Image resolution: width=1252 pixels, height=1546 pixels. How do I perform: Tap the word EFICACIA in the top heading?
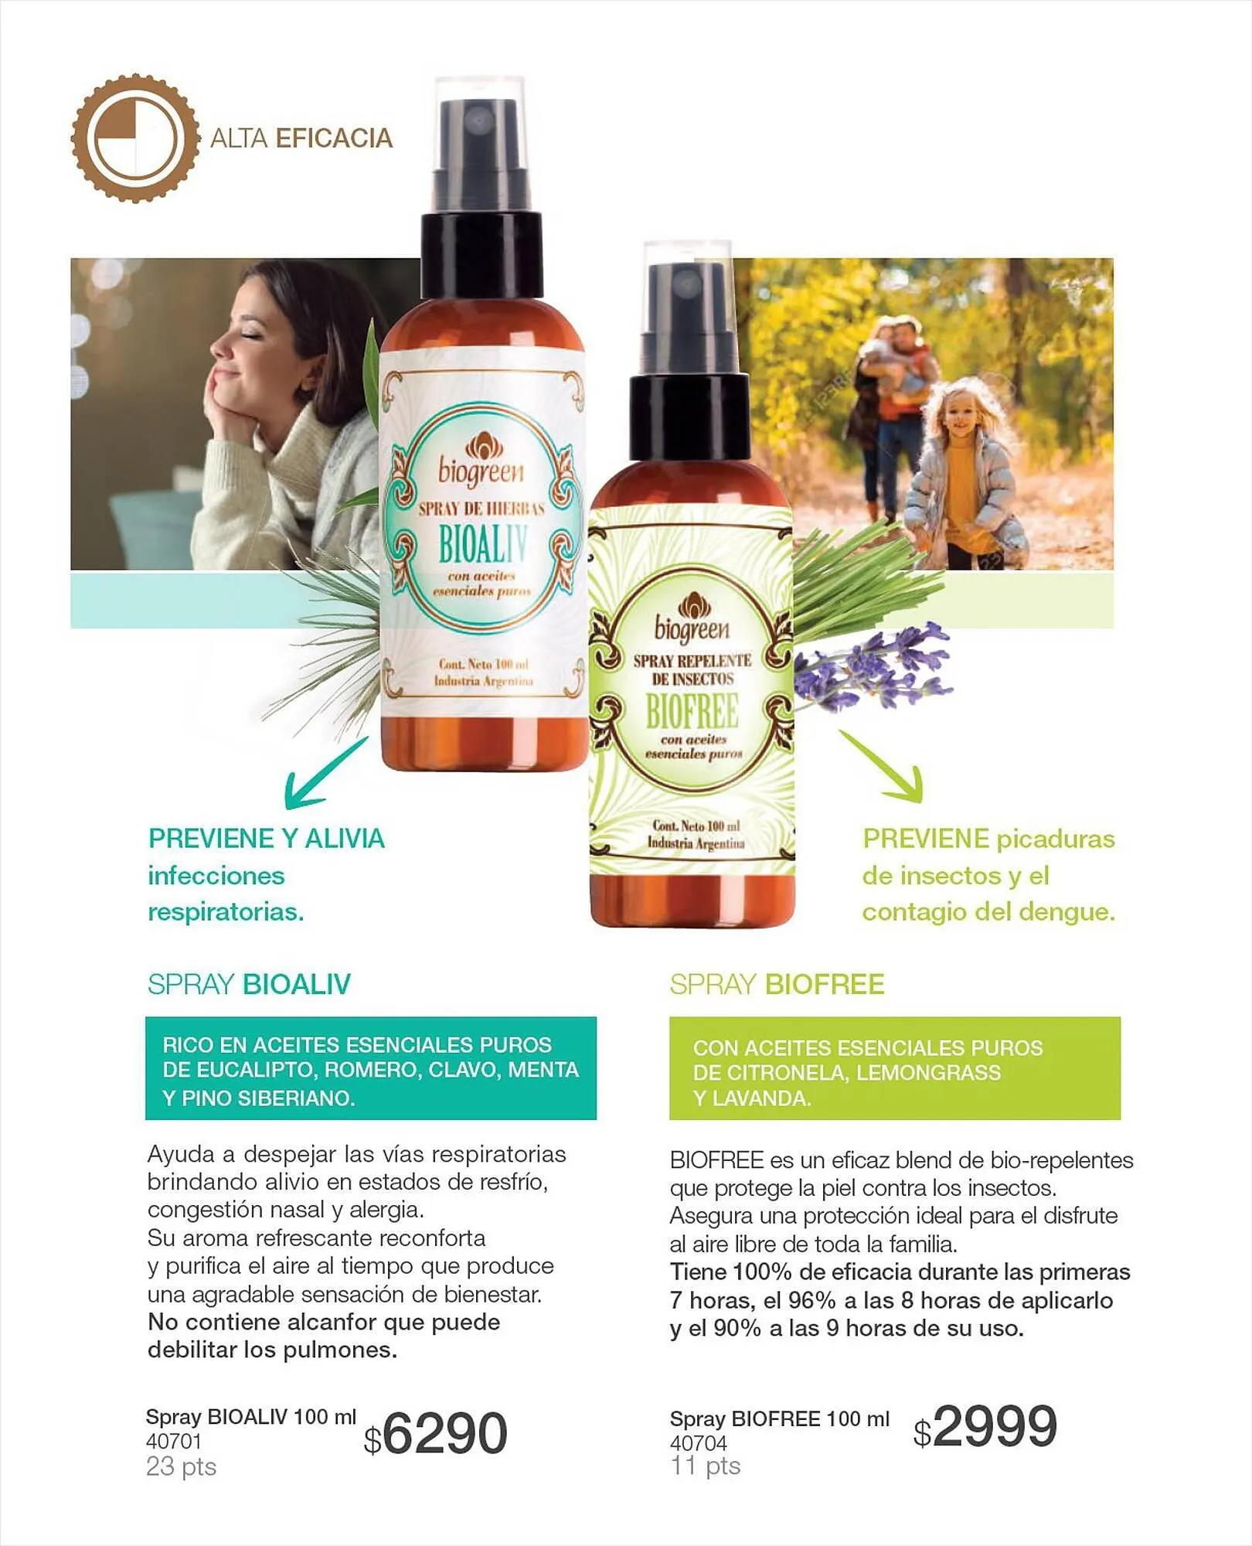pyautogui.click(x=334, y=138)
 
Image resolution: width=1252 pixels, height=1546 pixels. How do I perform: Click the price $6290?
pyautogui.click(x=435, y=1434)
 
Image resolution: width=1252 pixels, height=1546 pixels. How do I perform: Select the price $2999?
pyautogui.click(x=985, y=1426)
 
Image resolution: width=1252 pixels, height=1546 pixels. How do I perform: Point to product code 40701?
pyautogui.click(x=174, y=1442)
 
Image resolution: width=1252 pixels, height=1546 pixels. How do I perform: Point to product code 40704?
pyautogui.click(x=699, y=1443)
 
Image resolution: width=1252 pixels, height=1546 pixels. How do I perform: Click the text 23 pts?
pyautogui.click(x=182, y=1467)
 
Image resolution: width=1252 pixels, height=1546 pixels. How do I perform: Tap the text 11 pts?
pyautogui.click(x=706, y=1466)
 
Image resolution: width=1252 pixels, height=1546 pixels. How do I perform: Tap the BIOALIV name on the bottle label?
pyautogui.click(x=483, y=544)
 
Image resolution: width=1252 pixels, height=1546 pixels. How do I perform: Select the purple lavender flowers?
pyautogui.click(x=876, y=666)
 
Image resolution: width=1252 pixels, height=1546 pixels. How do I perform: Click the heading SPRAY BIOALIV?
pyautogui.click(x=249, y=984)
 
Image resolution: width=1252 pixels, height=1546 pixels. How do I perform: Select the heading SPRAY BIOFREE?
pyautogui.click(x=777, y=984)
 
